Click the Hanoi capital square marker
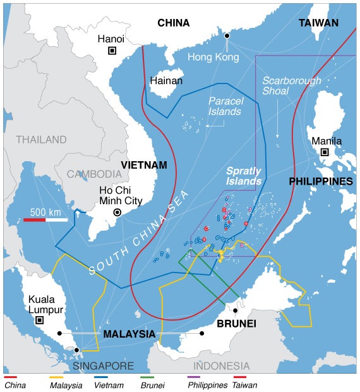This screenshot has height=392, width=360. point(112,51)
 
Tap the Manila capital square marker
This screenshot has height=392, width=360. point(325,152)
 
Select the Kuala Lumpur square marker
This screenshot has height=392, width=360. point(39,321)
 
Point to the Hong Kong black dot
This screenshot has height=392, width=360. point(227,35)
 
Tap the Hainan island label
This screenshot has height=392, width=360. point(166,81)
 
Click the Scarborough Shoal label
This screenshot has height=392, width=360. point(292,86)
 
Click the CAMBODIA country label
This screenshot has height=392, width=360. point(95,174)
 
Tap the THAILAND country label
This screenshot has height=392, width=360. point(41,139)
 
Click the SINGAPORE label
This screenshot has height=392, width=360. point(104,366)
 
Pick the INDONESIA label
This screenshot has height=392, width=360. point(221,366)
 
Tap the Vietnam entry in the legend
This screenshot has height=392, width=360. point(110,384)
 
